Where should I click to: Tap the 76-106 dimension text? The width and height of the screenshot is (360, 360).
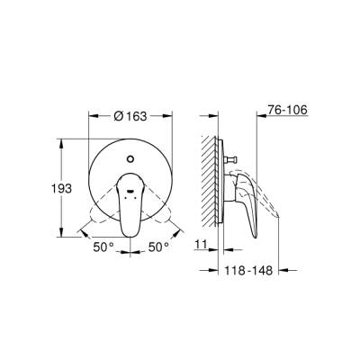pyautogui.click(x=288, y=111)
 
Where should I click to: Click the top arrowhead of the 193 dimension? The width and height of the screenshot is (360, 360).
pyautogui.click(x=59, y=141)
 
